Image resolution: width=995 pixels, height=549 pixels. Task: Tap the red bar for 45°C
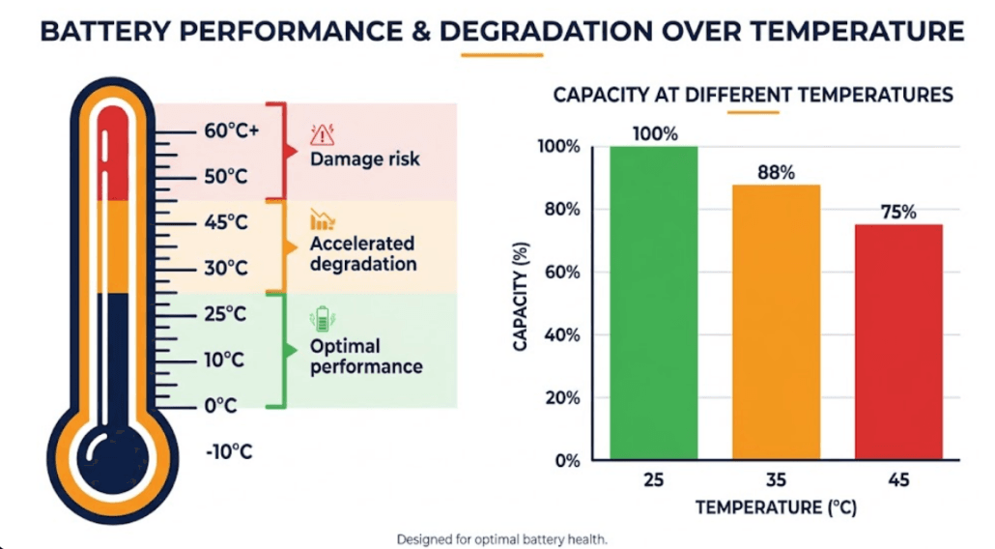pyautogui.click(x=897, y=342)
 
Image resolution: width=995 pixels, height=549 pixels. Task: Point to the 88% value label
pyautogui.click(x=776, y=172)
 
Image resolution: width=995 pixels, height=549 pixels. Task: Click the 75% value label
pyautogui.click(x=897, y=212)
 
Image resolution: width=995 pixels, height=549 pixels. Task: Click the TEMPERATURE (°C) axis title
pyautogui.click(x=776, y=507)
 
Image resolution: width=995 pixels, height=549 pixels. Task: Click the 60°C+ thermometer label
pyautogui.click(x=231, y=131)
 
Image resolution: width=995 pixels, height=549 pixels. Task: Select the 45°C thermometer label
pyautogui.click(x=226, y=222)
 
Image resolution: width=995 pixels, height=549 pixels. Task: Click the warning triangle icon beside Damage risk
pyautogui.click(x=322, y=134)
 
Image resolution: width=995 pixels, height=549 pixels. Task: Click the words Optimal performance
pyautogui.click(x=365, y=357)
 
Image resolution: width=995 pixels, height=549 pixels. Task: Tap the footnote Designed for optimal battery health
pyautogui.click(x=501, y=538)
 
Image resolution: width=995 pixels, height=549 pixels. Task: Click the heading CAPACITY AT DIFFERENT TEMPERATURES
pyautogui.click(x=753, y=95)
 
